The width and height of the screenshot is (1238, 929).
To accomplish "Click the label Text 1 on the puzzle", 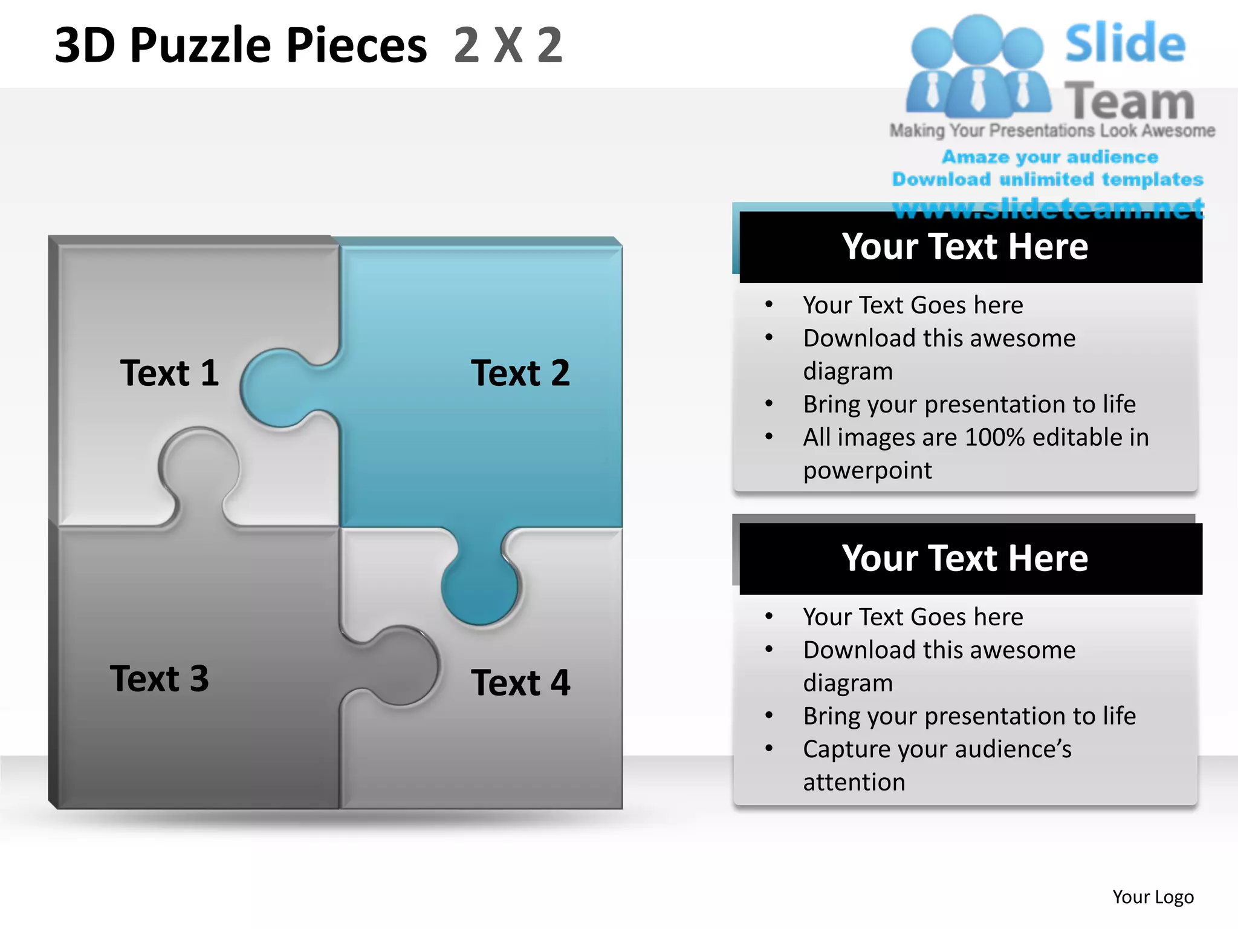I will (169, 373).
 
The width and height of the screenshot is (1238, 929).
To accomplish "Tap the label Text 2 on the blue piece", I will (520, 373).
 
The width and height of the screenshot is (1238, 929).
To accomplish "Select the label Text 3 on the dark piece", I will (160, 678).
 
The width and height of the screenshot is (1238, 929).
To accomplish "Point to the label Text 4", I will (520, 682).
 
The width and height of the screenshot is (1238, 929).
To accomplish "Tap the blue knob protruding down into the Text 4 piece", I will (479, 587).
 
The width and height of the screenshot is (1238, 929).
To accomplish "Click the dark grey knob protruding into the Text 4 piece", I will (402, 665).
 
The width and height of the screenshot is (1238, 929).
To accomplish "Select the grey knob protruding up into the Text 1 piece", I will (198, 466).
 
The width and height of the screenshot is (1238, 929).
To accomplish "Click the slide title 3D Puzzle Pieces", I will (241, 45).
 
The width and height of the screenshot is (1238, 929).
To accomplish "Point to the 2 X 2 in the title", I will (508, 45).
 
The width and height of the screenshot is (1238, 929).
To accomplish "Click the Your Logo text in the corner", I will (1153, 897).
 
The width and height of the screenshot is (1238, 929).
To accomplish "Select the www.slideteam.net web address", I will (1048, 209).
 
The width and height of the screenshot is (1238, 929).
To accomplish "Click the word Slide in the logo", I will (1125, 44).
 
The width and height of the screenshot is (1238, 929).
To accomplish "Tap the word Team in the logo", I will (1129, 102).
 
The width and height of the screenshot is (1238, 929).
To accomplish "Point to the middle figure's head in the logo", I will (977, 37).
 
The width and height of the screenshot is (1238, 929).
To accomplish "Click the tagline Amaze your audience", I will (1050, 157).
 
